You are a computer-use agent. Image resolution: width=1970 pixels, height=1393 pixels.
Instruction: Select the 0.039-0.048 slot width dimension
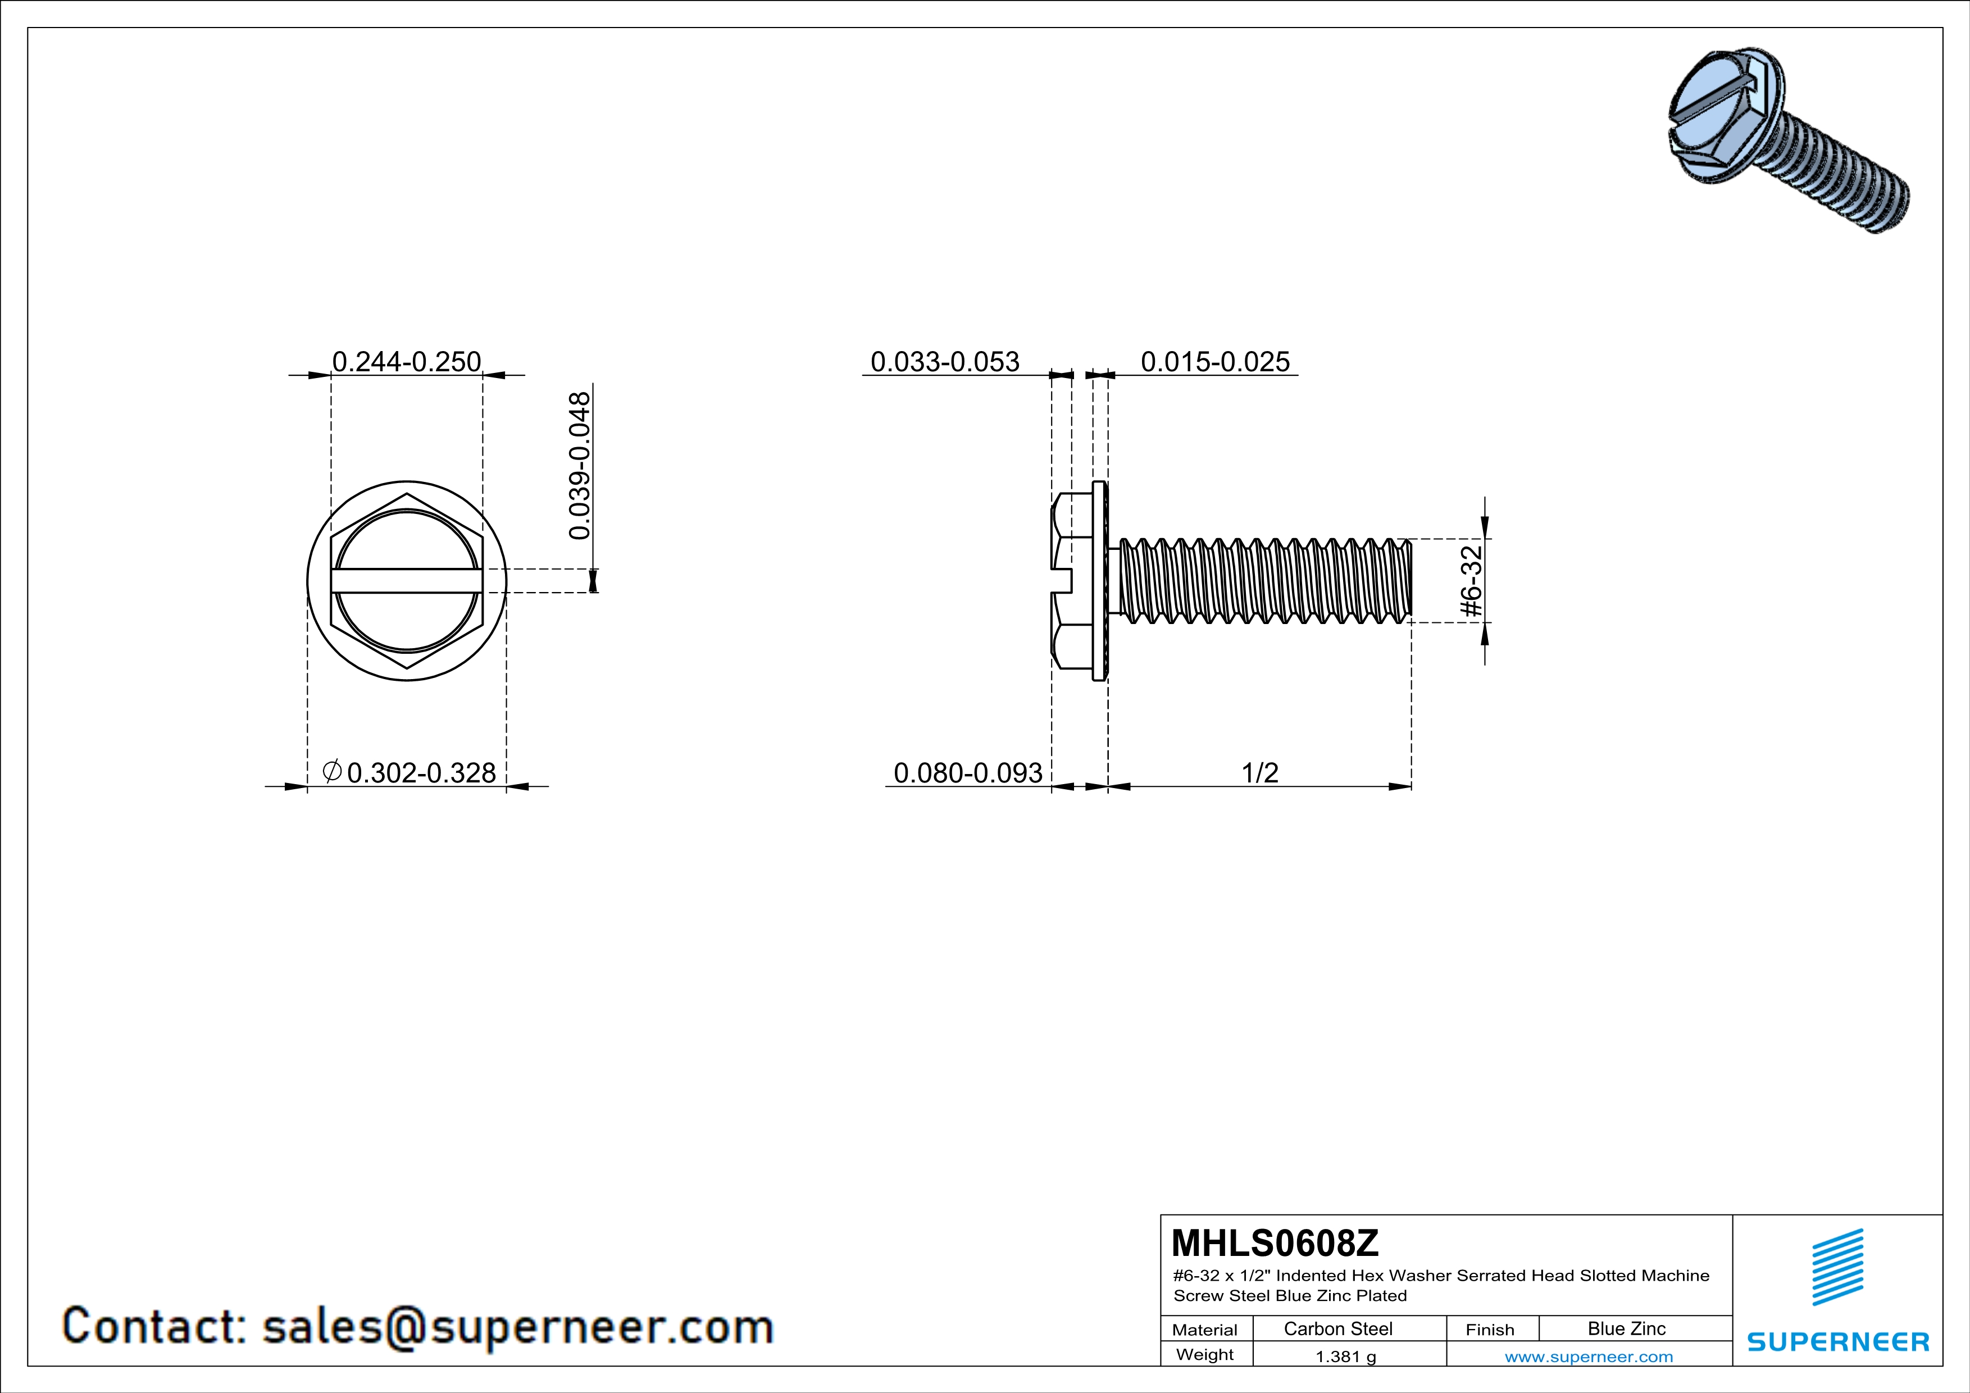tap(580, 466)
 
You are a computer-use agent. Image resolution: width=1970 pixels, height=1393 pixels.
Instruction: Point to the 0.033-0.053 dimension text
tap(945, 362)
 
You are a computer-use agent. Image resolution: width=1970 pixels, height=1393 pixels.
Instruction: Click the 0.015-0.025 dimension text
tap(1214, 362)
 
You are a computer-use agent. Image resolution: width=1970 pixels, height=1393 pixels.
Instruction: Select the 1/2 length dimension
tap(1259, 773)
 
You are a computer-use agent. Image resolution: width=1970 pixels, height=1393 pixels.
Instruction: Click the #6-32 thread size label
tap(1471, 581)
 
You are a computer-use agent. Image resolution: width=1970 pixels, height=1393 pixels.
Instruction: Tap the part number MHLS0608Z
tap(1274, 1242)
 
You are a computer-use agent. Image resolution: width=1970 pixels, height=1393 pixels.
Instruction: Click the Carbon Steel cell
tap(1337, 1328)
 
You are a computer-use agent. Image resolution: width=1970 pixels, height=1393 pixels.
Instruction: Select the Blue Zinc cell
tap(1626, 1328)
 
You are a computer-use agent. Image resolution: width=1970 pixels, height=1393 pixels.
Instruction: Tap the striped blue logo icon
tap(1837, 1267)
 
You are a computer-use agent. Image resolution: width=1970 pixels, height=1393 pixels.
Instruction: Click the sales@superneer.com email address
tap(517, 1326)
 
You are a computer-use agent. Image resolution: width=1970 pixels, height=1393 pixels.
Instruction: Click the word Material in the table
tap(1205, 1330)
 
